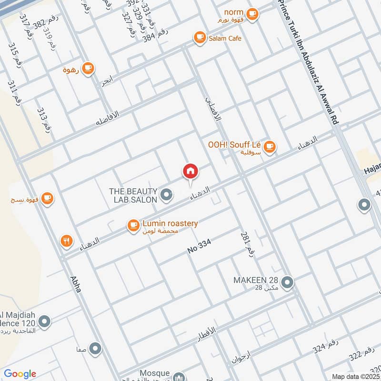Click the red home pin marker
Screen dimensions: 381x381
tap(190, 171)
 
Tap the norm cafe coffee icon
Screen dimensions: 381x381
tap(252, 14)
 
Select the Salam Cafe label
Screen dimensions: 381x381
tap(225, 38)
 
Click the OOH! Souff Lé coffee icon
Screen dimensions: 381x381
tap(270, 146)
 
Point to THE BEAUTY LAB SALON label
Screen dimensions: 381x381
tap(133, 195)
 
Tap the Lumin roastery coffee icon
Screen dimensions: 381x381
tap(133, 226)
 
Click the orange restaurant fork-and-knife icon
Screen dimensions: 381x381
tap(66, 241)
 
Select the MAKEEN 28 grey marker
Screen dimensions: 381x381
tap(287, 283)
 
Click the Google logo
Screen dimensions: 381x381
tap(20, 374)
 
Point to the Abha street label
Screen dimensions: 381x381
tap(75, 284)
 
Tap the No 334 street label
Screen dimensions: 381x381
tap(199, 247)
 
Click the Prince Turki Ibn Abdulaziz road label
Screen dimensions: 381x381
tap(309, 62)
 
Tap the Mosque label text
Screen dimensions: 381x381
tap(155, 373)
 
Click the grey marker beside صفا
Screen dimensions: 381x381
tap(96, 349)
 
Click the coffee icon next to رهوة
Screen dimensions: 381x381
tap(87, 69)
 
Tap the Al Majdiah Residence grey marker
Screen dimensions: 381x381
tap(45, 322)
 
